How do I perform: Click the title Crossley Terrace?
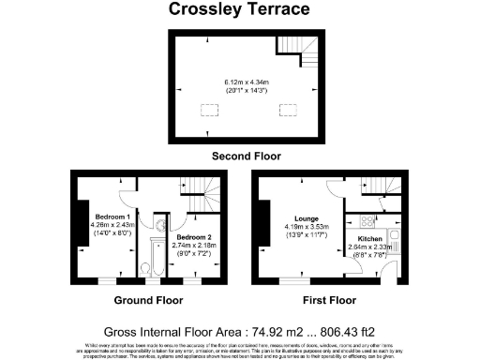[240, 10]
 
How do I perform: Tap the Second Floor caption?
[246, 155]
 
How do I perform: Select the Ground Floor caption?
[148, 301]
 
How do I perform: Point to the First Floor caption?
[329, 301]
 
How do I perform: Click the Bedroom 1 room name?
[97, 217]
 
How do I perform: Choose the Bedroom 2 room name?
[194, 238]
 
